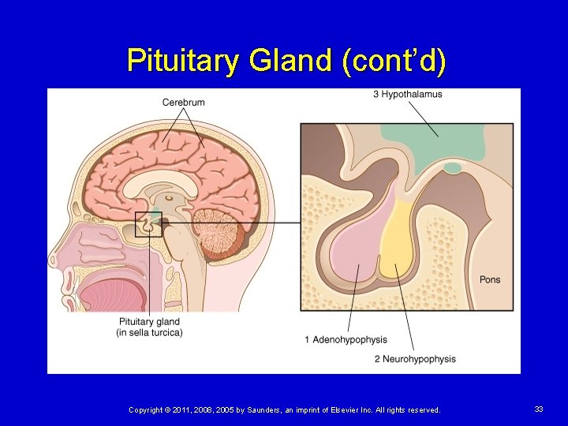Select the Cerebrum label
184,103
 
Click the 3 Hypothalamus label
408,95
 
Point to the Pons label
490,280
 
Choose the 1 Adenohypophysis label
346,340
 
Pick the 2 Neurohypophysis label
415,359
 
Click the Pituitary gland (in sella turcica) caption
150,327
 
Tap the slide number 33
539,409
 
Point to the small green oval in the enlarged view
453,167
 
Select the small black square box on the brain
148,225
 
